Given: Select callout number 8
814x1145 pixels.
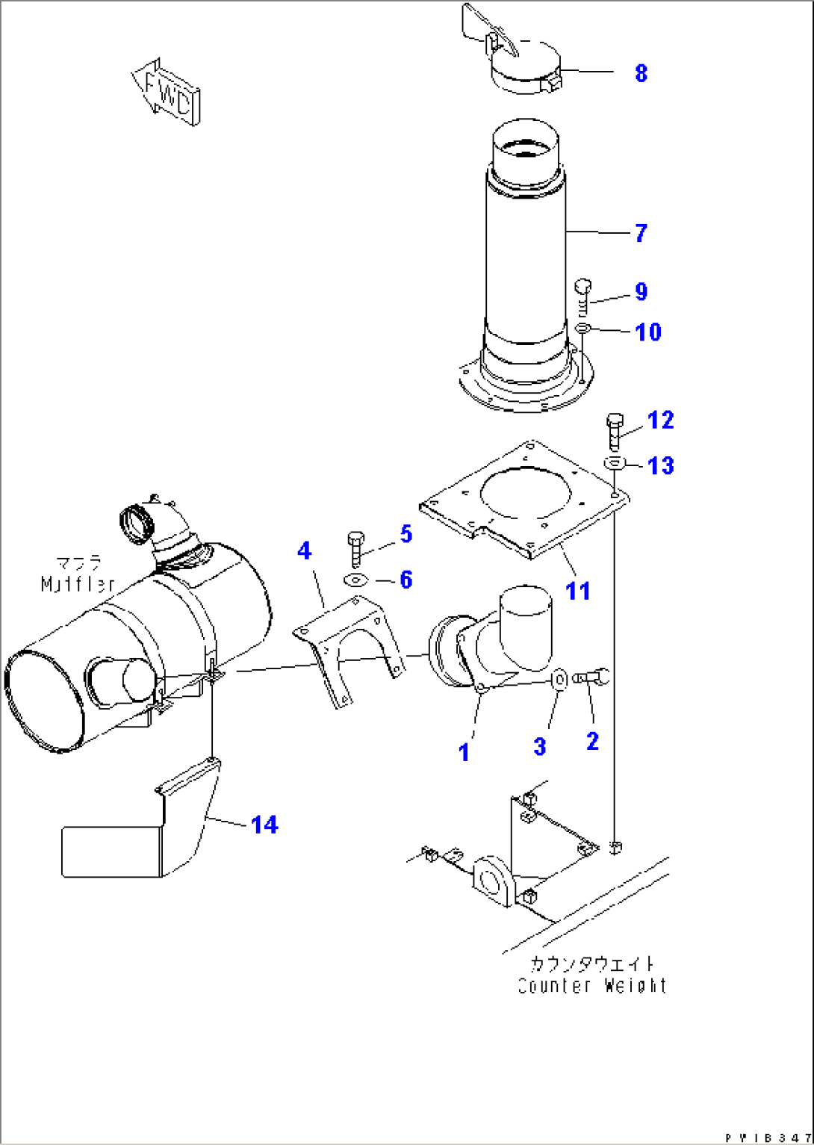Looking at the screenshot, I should click(641, 73).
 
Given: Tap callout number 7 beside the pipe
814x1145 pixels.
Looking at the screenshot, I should click(641, 233).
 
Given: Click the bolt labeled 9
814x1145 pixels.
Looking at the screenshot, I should click(583, 295).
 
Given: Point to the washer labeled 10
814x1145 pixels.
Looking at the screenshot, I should click(582, 329).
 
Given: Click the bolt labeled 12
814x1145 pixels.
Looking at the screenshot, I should click(614, 430).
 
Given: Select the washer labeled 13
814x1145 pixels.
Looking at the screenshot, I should click(614, 464).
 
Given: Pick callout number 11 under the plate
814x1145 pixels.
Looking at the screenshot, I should click(577, 591).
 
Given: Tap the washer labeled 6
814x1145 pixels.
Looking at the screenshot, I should click(355, 580).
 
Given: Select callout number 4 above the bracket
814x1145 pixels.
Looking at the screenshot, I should click(304, 551).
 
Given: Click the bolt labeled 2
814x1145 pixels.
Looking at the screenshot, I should click(595, 677).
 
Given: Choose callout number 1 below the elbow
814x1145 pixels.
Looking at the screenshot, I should click(465, 752).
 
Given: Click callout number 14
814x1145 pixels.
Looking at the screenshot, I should click(264, 825).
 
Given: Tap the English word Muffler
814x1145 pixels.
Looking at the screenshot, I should click(78, 584).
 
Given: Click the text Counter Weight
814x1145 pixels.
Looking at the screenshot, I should click(591, 986).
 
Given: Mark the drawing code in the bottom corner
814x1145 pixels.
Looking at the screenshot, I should click(767, 1137).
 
